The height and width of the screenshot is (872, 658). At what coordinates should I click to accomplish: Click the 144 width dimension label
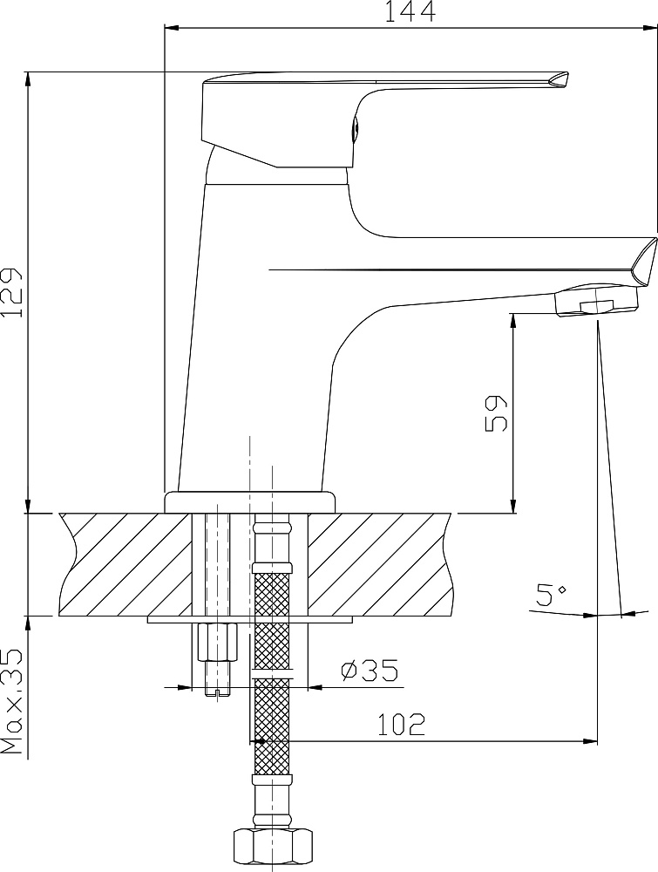pyautogui.click(x=410, y=12)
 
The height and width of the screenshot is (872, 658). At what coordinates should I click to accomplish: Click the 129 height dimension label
pyautogui.click(x=11, y=292)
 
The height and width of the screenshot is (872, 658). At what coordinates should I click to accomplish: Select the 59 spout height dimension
pyautogui.click(x=496, y=413)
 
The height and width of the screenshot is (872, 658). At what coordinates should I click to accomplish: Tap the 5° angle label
pyautogui.click(x=551, y=595)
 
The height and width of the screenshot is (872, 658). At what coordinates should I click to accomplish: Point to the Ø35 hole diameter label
pyautogui.click(x=370, y=671)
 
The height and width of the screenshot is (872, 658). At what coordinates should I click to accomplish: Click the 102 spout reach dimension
pyautogui.click(x=401, y=725)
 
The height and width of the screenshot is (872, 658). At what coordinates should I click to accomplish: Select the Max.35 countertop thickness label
pyautogui.click(x=12, y=701)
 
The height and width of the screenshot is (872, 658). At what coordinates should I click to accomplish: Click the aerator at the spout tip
pyautogui.click(x=598, y=301)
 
